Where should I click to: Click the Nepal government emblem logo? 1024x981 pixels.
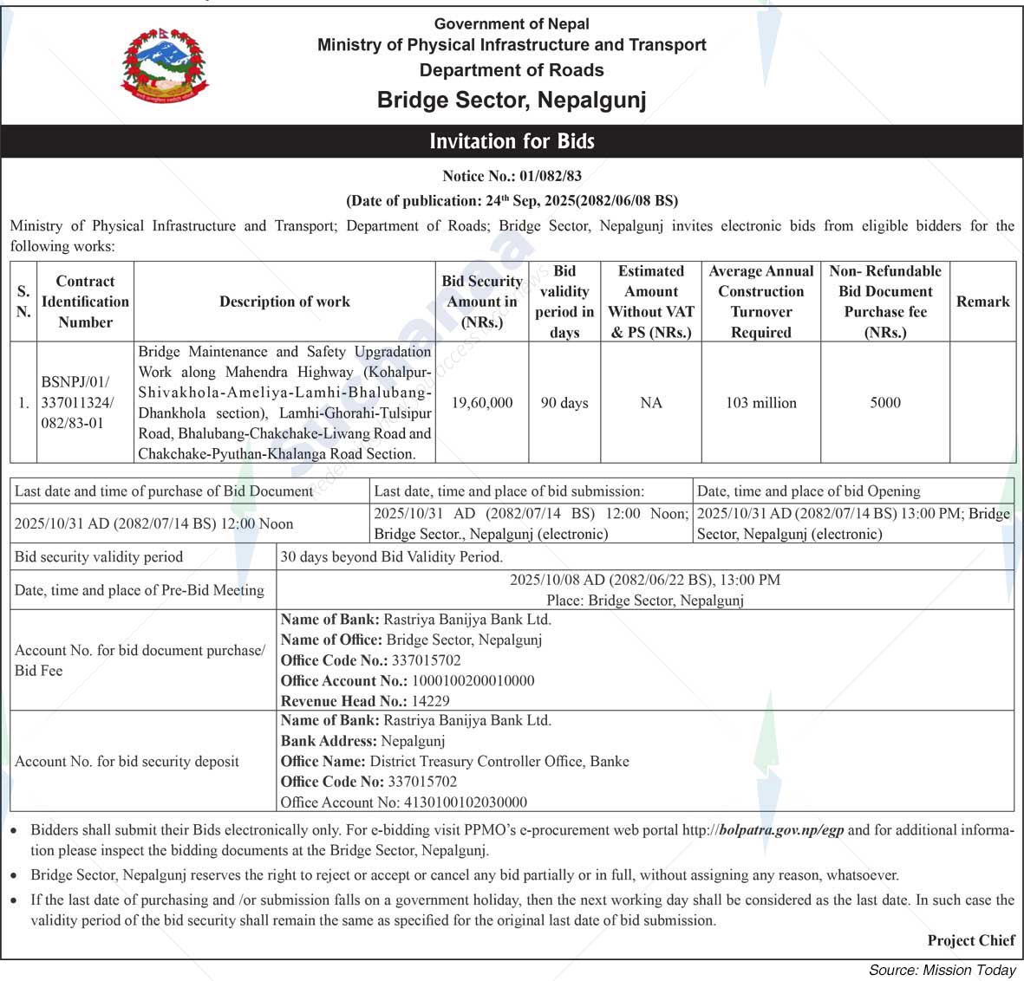click(x=165, y=67)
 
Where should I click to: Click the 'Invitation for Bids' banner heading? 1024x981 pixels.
click(x=512, y=141)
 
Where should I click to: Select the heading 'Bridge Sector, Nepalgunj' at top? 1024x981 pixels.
click(x=512, y=101)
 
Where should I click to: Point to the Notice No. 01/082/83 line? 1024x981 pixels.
click(x=512, y=176)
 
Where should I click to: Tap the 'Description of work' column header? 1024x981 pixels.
click(x=284, y=302)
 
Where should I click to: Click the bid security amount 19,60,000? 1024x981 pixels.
click(x=482, y=403)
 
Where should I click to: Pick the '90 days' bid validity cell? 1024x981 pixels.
click(x=564, y=403)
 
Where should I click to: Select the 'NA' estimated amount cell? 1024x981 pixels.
click(x=651, y=403)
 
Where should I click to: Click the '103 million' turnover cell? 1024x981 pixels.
click(x=760, y=403)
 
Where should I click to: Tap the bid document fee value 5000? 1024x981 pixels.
click(x=885, y=403)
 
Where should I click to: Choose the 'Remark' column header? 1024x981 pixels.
click(x=982, y=302)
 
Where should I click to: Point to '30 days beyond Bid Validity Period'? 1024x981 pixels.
click(x=391, y=557)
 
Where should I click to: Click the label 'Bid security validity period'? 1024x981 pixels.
click(x=99, y=557)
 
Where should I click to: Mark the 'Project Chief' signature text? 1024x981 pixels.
click(x=970, y=940)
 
